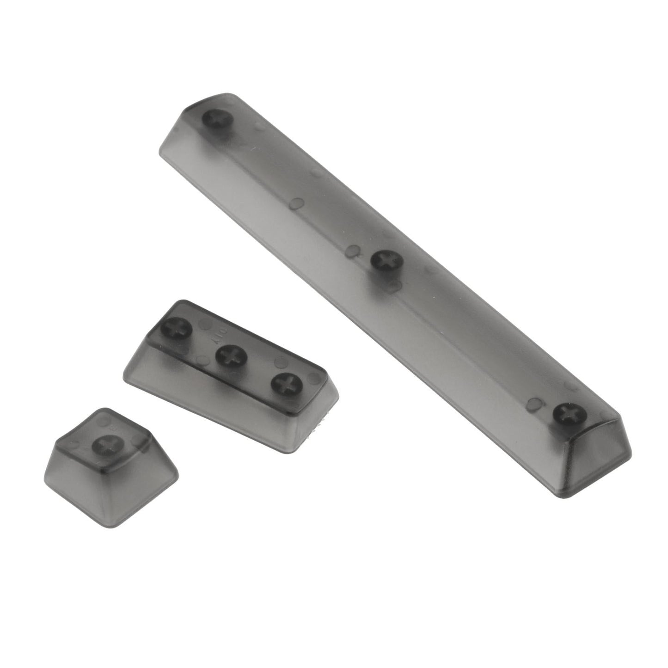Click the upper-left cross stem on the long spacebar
[x=217, y=120]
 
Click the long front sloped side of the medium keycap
[x=217, y=398]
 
